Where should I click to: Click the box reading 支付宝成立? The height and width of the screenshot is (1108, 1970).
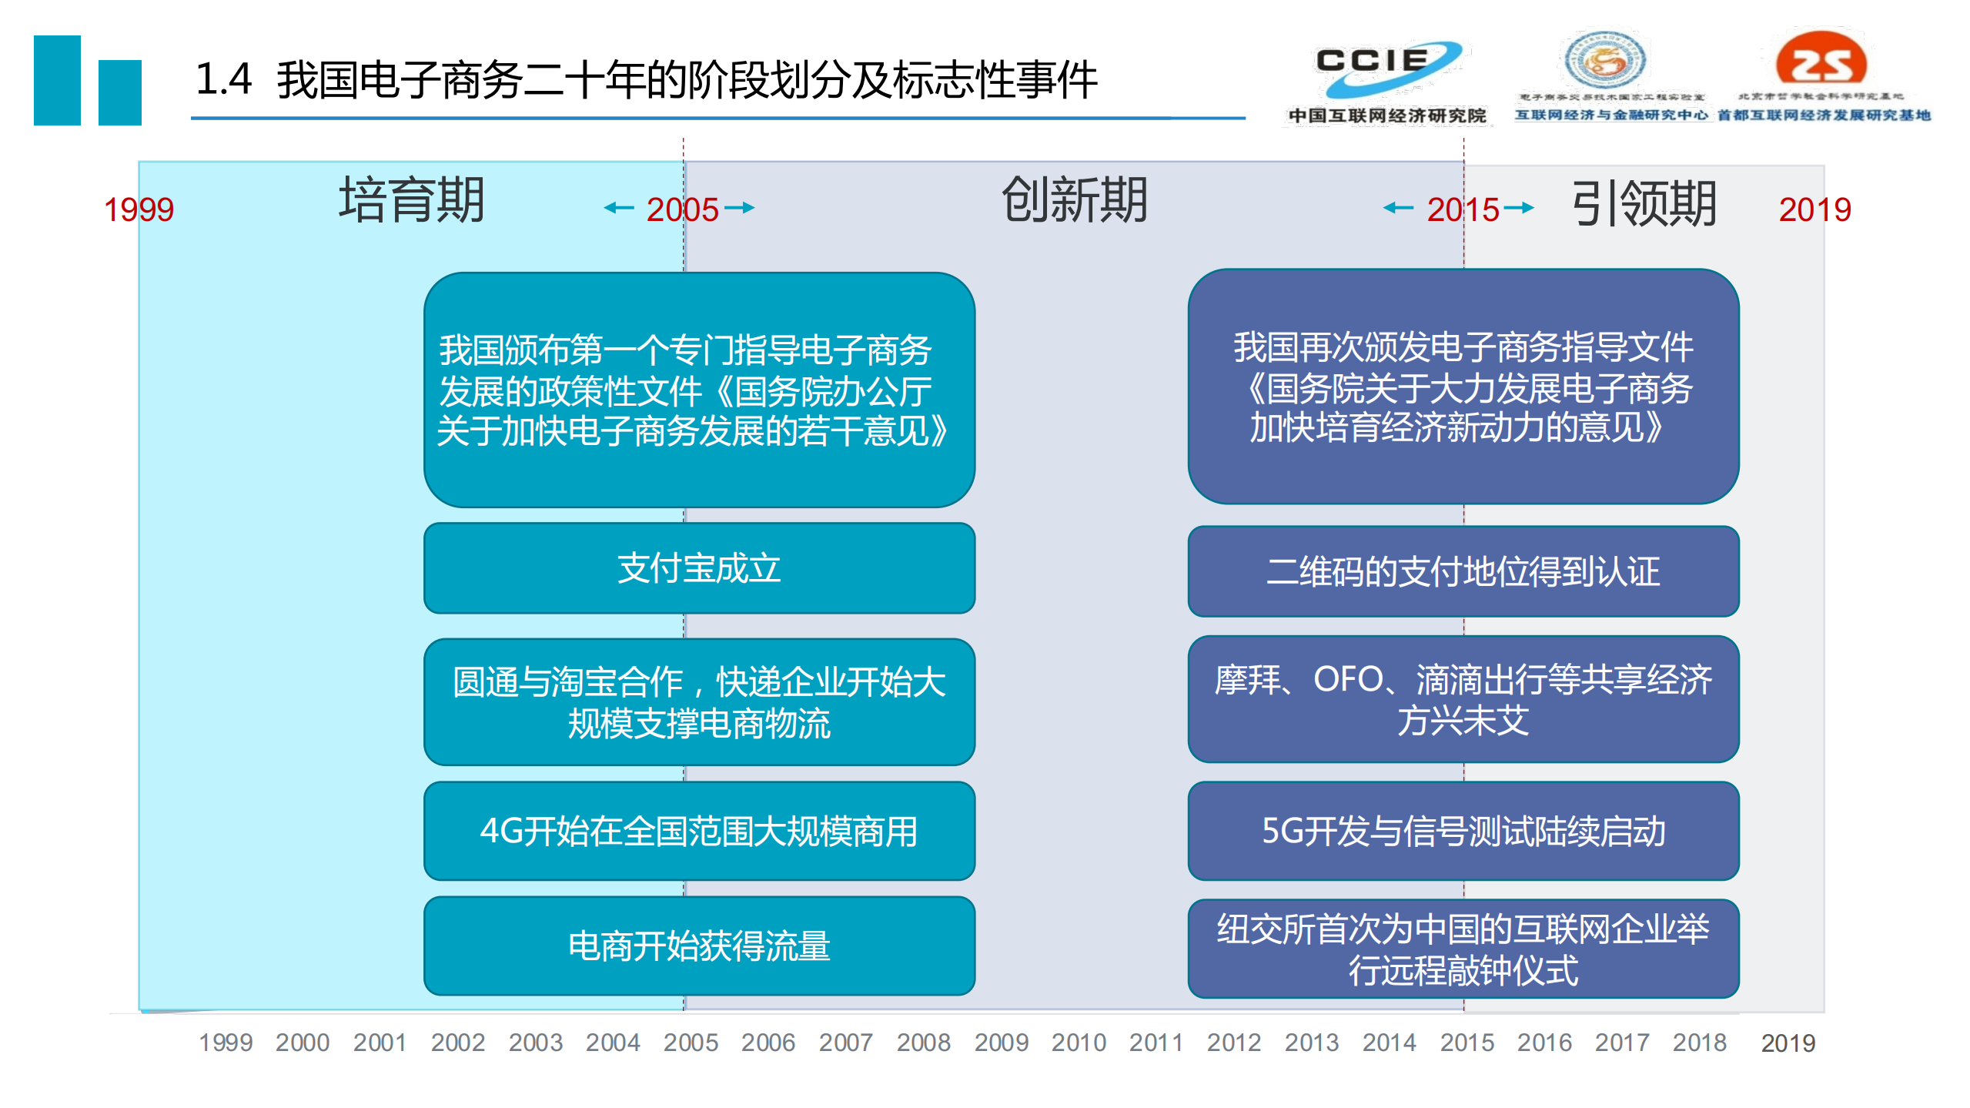coord(699,568)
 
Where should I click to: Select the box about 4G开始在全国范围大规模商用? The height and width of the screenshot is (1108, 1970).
coord(699,831)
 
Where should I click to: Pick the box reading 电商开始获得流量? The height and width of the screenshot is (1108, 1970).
coord(699,946)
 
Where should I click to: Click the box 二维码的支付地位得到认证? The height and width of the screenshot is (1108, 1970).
coord(1463,571)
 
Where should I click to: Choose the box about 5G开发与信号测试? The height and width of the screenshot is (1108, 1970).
coord(1463,831)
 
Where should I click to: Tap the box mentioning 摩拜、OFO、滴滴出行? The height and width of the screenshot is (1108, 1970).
coord(1463,699)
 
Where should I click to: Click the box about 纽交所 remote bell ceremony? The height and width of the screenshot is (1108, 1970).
coord(1463,949)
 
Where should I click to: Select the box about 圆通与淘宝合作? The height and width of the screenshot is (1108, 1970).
coord(699,701)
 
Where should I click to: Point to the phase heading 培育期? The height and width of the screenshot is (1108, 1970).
coord(412,200)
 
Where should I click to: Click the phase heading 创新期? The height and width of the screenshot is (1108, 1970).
coord(1074,200)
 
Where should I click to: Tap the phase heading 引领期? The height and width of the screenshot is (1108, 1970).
coord(1644,204)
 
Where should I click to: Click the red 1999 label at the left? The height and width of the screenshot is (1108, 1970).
coord(139,209)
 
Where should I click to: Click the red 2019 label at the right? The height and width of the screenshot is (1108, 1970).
coord(1814,209)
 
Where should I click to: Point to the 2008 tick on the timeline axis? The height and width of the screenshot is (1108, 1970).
coord(923,1043)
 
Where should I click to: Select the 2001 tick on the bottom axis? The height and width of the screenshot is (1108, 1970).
coord(380,1043)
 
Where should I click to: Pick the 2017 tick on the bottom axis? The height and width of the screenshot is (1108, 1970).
coord(1621,1043)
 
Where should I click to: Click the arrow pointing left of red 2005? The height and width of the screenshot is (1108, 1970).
coord(619,207)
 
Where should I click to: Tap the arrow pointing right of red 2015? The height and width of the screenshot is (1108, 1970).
coord(1518,207)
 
